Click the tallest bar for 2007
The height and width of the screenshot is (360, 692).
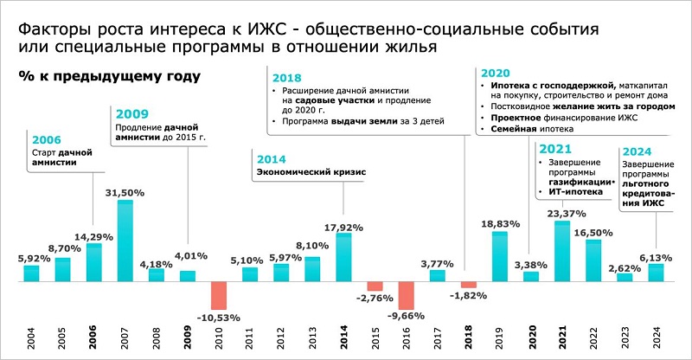[125, 241]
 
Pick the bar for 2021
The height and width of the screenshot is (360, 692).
[562, 251]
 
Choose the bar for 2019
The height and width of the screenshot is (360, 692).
[499, 256]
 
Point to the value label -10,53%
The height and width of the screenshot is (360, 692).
[218, 318]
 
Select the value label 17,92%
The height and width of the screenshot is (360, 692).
[343, 228]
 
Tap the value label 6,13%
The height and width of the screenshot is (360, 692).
[655, 257]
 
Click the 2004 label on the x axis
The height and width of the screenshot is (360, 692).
[32, 337]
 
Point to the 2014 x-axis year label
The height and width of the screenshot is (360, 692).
[343, 337]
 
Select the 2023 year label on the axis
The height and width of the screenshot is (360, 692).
[625, 337]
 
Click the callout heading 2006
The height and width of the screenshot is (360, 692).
[47, 139]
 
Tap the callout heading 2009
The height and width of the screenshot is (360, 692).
[131, 114]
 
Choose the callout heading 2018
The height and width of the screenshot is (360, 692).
[287, 76]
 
